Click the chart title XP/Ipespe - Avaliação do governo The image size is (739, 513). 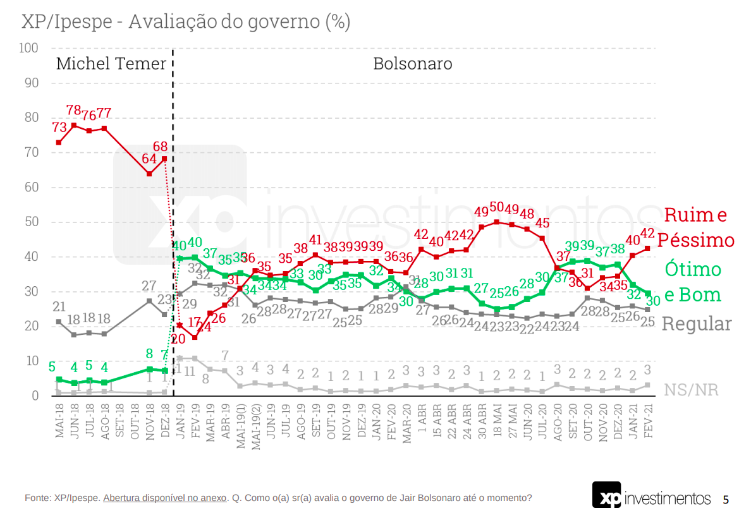(186, 22)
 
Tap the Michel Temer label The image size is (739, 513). (111, 64)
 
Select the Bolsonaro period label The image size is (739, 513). (412, 64)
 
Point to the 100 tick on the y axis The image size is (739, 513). (29, 49)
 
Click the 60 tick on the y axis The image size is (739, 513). (32, 188)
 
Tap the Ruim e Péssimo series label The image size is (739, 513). (695, 227)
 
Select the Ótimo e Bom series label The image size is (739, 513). (692, 282)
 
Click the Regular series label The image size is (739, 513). (696, 324)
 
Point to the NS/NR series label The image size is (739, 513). (691, 389)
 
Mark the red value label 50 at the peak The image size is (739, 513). (497, 207)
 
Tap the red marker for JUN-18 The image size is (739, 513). (74, 125)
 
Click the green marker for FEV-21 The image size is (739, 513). (647, 293)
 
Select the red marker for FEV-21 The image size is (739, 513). (647, 248)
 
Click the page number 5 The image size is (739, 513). (726, 498)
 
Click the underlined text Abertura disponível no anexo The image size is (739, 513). (164, 498)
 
